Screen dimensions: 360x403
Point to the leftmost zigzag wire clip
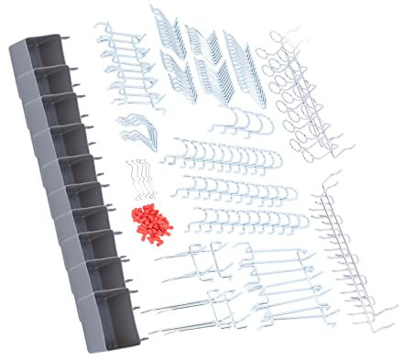[130, 178]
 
